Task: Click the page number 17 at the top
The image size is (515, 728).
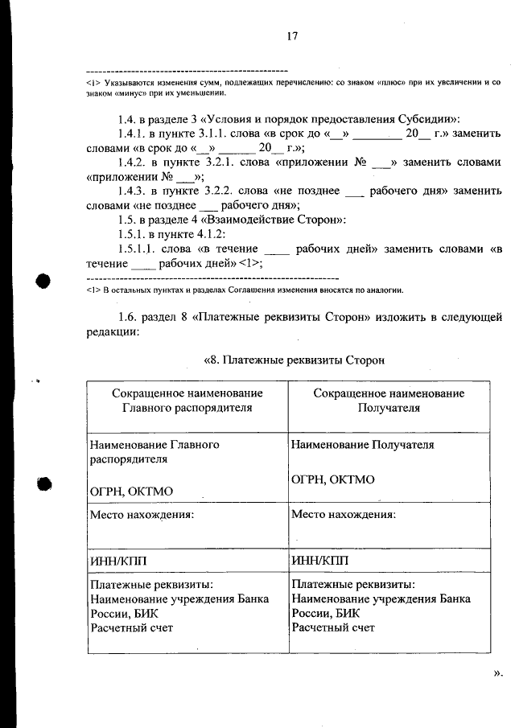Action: point(292,36)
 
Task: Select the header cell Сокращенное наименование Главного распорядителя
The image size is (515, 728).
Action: point(187,401)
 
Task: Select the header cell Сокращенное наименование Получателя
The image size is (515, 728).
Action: point(389,401)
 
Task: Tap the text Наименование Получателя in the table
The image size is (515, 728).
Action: point(363,444)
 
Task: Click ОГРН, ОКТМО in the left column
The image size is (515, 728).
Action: point(131,491)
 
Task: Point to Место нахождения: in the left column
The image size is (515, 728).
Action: point(142,514)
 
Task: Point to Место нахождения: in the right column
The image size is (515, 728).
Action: point(344,514)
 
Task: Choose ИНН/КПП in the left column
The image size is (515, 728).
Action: point(118,560)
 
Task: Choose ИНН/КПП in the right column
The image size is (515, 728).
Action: point(320,560)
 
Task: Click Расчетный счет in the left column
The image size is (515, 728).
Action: point(131,627)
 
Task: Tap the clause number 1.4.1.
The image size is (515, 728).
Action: point(132,134)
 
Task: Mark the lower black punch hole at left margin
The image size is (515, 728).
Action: point(43,485)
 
